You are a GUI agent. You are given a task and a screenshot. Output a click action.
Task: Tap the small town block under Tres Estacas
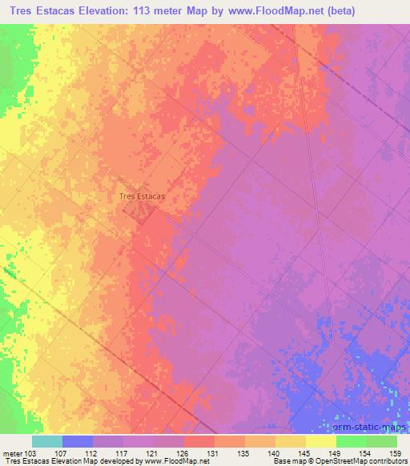[x=141, y=211]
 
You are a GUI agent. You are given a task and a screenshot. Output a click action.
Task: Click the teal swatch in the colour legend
[x=48, y=441]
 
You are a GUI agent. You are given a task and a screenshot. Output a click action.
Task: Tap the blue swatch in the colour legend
[x=78, y=441]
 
